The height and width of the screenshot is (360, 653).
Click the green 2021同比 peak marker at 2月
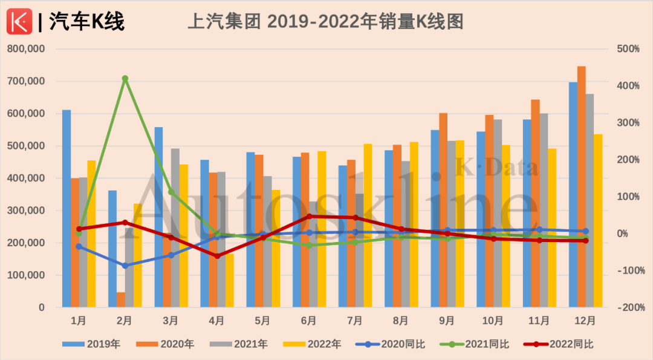(x=125, y=79)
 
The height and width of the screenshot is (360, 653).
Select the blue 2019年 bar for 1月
(x=67, y=209)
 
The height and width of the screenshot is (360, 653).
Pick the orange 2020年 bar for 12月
(x=581, y=187)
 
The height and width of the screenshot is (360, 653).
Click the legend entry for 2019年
(x=91, y=344)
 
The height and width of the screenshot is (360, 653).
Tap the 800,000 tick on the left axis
(x=26, y=49)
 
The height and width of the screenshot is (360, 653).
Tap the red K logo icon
(x=19, y=22)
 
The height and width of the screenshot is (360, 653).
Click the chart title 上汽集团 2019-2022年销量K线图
(x=326, y=22)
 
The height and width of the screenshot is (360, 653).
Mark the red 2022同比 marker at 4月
(x=217, y=256)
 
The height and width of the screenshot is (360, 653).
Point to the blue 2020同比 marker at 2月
(x=125, y=266)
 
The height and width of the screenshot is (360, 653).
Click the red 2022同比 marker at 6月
(x=310, y=216)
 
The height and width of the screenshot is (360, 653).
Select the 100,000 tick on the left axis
(x=26, y=275)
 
